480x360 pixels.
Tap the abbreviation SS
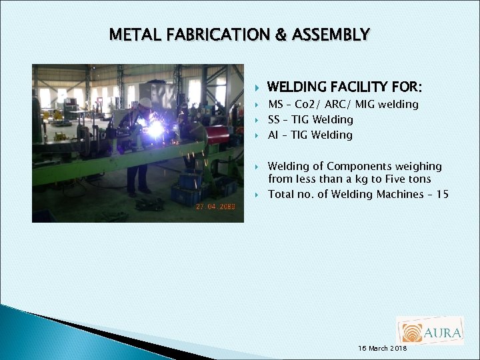[x=273, y=120]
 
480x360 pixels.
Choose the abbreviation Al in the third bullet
[x=273, y=135]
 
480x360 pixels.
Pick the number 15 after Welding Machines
[x=442, y=195]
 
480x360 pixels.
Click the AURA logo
[x=429, y=331]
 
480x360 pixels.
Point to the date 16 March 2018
[x=383, y=349]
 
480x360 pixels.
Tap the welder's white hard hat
[x=145, y=103]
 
